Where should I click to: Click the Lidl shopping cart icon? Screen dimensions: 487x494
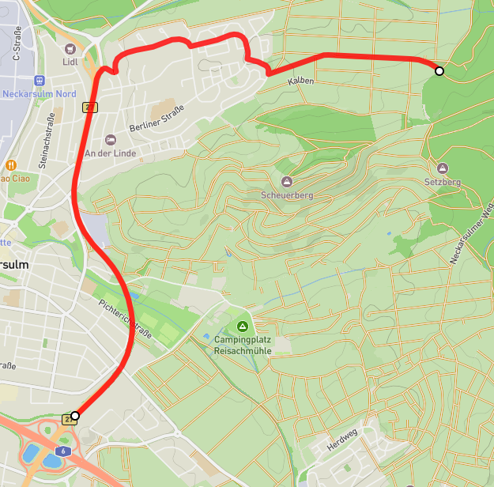[68, 47]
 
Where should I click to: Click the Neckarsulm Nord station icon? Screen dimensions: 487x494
[40, 80]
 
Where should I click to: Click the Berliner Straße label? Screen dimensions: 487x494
[156, 119]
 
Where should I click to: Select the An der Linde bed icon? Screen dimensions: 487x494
[110, 139]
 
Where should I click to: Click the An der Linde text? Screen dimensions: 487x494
[110, 153]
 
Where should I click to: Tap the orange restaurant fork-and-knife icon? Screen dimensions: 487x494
[11, 164]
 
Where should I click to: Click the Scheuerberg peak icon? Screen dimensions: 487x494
[286, 181]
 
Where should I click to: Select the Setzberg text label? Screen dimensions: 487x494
[442, 182]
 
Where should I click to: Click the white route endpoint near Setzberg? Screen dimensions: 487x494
[439, 71]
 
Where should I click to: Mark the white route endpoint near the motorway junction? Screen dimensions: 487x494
[75, 415]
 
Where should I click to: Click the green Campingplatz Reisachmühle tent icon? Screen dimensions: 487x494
[242, 327]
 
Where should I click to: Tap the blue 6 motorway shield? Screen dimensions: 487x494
[60, 449]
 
